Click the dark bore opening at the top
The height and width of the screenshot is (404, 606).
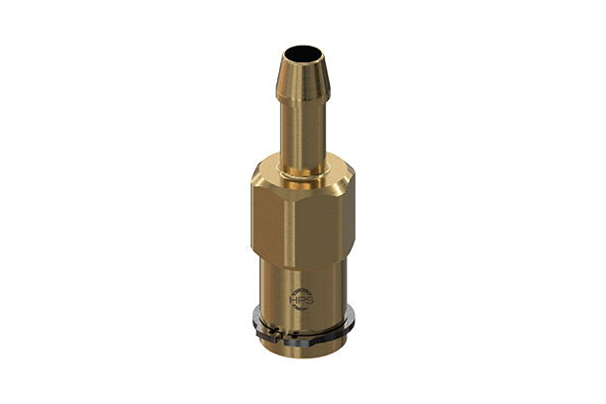(302, 53)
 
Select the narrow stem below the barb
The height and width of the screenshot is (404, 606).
(302, 134)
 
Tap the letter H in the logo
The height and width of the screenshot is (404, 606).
(292, 300)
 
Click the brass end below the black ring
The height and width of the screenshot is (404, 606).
(302, 349)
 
